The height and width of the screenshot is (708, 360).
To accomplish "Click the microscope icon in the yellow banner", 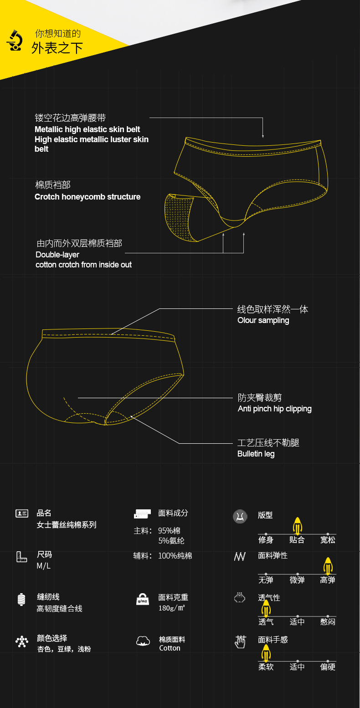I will (15, 41).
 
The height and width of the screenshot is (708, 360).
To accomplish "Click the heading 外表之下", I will (57, 48).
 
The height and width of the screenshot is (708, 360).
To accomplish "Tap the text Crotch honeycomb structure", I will (87, 197).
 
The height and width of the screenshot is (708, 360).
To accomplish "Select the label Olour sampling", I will (263, 320).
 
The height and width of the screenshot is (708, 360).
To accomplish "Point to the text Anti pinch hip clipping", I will (274, 409).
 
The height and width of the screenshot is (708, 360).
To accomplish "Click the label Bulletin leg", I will (256, 454).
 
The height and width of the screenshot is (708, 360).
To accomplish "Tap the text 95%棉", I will (169, 531).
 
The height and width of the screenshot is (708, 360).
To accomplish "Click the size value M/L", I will (44, 566).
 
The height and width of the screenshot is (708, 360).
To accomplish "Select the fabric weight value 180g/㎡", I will (171, 608).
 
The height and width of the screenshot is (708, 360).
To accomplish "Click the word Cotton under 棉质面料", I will (170, 648).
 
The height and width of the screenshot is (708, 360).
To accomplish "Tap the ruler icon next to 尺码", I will (22, 556).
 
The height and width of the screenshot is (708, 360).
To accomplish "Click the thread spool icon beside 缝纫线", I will (21, 599).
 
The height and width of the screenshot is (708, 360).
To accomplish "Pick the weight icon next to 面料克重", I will (143, 599).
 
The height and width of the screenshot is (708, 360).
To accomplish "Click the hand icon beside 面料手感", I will (240, 641).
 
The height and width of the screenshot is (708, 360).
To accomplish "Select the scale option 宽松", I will (328, 540).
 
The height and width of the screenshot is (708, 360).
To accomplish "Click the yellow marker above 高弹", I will (328, 566).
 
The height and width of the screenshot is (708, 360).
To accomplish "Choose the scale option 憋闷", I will (328, 622).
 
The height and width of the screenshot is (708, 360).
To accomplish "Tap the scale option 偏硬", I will (328, 667).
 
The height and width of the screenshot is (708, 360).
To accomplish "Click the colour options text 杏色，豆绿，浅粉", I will (64, 649).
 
